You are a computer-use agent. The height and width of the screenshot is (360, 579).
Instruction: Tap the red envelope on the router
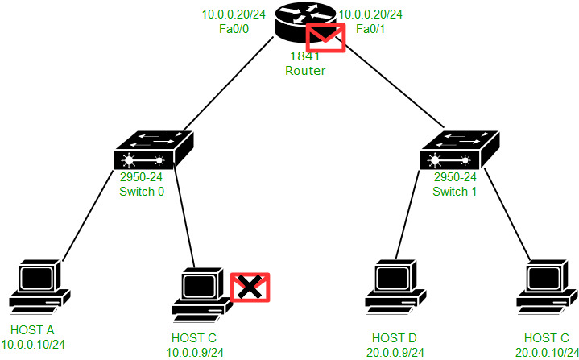[326, 38]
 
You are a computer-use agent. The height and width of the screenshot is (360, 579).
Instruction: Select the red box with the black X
[250, 288]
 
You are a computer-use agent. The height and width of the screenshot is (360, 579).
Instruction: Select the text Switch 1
[454, 191]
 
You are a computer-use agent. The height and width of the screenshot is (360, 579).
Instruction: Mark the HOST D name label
[395, 336]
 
